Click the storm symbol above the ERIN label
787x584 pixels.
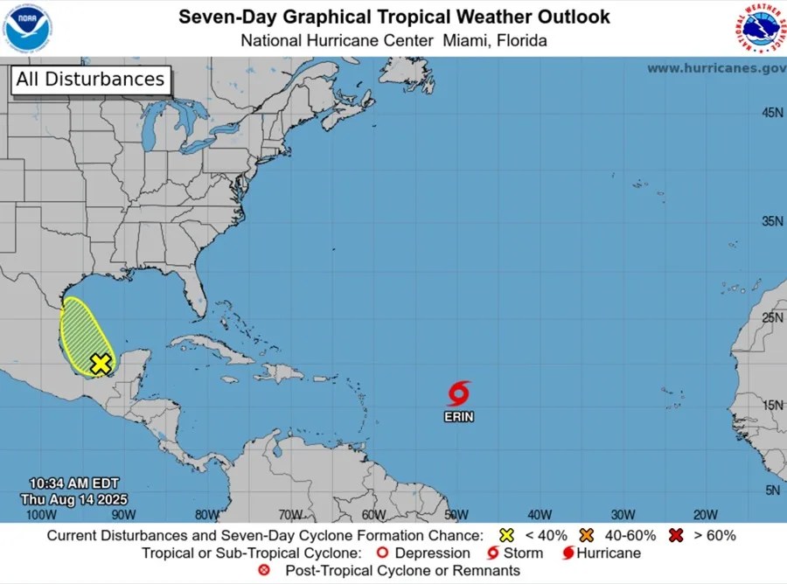coord(458,393)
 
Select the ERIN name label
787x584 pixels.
coord(458,417)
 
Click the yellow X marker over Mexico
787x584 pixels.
coord(101,364)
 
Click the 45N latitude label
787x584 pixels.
coord(772,112)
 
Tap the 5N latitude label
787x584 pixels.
coord(772,490)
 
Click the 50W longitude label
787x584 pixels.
coord(456,514)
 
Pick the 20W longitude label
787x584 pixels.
coord(706,514)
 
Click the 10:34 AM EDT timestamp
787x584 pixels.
coord(73,483)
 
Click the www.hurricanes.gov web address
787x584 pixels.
coord(715,68)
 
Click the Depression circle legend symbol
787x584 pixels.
coord(381,553)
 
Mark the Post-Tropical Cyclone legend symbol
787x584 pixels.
coord(265,570)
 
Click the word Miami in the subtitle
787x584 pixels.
coord(468,40)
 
